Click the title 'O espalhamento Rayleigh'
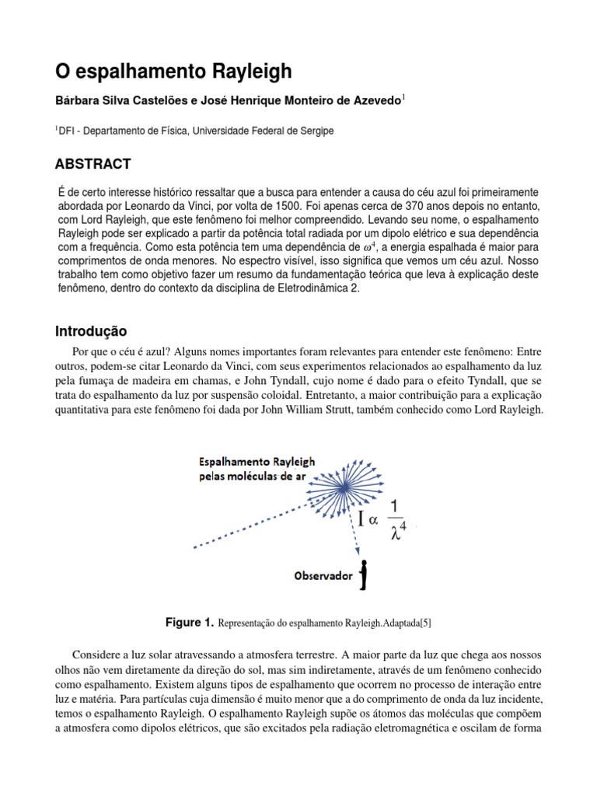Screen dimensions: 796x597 click(x=173, y=72)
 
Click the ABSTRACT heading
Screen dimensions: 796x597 click(x=93, y=164)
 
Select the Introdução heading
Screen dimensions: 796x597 click(x=90, y=331)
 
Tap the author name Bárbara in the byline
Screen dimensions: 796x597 click(x=79, y=100)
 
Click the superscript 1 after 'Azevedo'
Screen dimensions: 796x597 click(x=403, y=97)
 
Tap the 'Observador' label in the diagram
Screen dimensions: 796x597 click(x=322, y=576)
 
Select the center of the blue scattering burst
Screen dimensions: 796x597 click(x=343, y=487)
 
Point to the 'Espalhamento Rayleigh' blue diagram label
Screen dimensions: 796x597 click(x=250, y=461)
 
